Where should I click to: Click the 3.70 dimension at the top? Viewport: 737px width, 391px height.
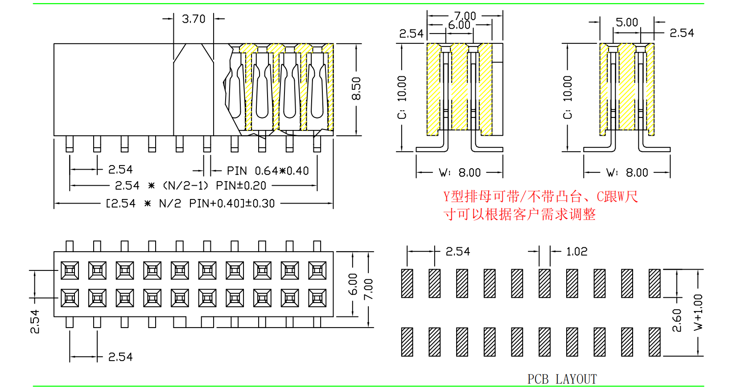194,19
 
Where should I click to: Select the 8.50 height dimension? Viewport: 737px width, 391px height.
356,89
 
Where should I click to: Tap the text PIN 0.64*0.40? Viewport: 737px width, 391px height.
268,171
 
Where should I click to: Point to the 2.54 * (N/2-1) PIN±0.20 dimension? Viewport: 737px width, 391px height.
190,186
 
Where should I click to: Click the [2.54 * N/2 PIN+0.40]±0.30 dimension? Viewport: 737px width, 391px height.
190,204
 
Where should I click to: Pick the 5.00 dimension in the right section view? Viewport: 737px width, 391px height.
626,22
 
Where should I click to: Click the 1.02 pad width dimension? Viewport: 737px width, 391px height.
576,252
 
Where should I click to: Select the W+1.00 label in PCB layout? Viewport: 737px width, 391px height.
698,312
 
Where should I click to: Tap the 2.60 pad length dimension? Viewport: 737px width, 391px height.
677,320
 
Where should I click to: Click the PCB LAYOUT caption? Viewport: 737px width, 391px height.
562,379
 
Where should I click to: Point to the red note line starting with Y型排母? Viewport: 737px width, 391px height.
540,196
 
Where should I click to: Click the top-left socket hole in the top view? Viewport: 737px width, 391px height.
70,270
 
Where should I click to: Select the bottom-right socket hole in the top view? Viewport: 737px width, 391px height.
317,298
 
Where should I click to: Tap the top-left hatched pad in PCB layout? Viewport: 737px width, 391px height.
407,283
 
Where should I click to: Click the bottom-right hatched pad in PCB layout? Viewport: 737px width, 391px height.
655,342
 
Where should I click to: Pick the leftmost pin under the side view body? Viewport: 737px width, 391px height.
70,144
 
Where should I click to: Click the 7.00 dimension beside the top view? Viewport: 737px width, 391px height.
369,289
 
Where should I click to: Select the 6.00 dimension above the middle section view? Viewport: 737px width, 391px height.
459,25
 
